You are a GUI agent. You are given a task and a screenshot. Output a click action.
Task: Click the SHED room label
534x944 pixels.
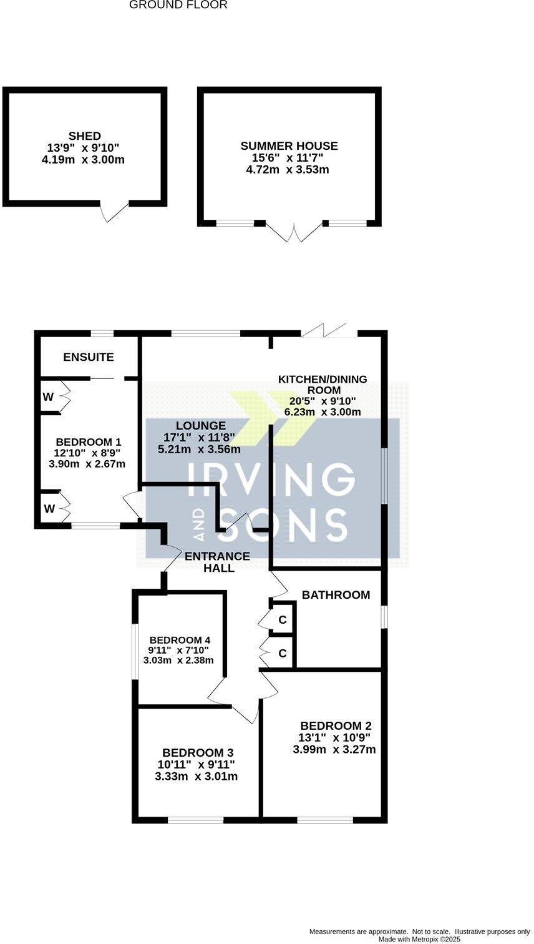85,136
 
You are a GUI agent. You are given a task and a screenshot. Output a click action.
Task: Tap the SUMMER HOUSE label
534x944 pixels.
289,146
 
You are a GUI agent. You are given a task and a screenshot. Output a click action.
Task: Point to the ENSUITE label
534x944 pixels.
89,357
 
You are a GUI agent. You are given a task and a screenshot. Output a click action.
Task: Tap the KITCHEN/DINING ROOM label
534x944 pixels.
323,384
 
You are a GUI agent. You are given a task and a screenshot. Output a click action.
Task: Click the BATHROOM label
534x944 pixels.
336,595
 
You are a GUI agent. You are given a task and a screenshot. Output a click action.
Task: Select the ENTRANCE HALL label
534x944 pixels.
218,562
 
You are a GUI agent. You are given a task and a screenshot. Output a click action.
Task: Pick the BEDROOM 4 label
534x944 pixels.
180,640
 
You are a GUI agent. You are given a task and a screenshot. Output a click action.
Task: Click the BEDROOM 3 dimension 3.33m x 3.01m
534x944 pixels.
196,777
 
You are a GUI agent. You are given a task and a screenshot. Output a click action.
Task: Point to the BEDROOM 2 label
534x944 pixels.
336,726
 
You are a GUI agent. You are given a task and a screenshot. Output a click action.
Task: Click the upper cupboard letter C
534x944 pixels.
283,620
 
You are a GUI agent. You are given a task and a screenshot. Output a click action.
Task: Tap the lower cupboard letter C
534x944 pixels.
283,653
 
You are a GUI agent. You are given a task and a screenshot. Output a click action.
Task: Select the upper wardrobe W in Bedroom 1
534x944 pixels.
48,396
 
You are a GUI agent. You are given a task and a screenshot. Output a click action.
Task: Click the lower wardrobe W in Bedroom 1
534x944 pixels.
48,509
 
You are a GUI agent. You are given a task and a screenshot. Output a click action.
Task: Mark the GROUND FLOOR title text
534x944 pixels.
178,5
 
